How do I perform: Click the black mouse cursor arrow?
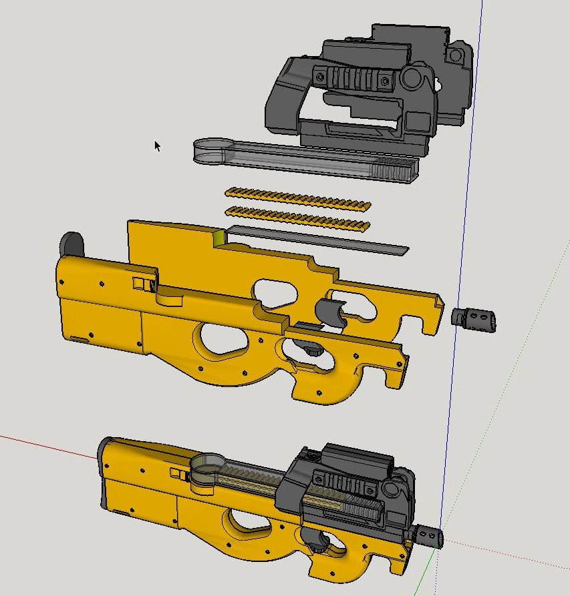[158, 145]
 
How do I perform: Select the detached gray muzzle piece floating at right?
[475, 317]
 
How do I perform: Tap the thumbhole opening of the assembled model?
[245, 527]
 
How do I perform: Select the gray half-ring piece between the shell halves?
[331, 312]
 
